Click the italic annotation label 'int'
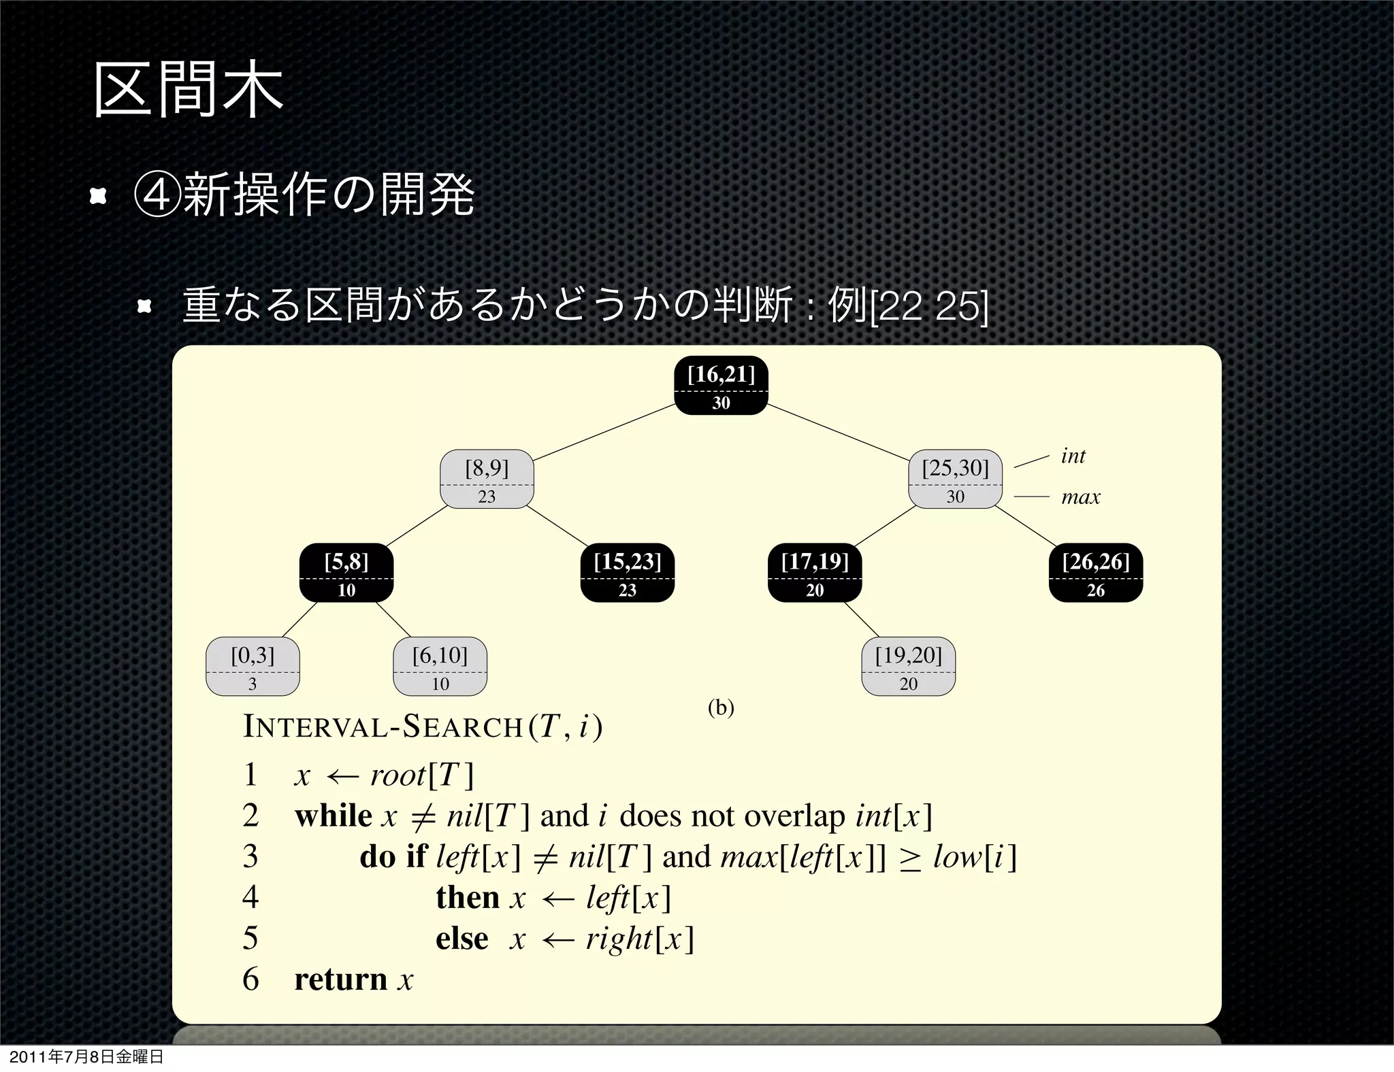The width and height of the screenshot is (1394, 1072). click(1073, 456)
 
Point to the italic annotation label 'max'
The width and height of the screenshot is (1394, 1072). click(1080, 497)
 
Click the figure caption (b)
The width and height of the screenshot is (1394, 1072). click(721, 708)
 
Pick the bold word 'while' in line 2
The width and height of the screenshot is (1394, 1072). click(333, 816)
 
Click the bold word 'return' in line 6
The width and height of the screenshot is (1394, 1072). click(340, 979)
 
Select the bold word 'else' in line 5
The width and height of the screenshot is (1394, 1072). click(461, 939)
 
